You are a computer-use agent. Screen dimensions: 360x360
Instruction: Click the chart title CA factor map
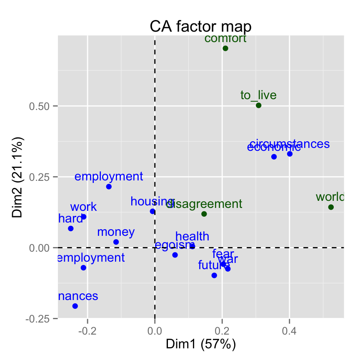point(200,27)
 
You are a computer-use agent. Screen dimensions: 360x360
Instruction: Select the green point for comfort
point(225,48)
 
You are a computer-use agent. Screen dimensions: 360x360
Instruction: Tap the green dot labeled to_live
point(258,105)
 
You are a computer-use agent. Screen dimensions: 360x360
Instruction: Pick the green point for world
point(331,207)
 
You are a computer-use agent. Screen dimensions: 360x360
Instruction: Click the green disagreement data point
point(204,214)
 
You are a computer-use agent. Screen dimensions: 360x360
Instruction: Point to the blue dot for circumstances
point(290,154)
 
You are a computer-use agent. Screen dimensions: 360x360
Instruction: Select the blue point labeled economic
point(274,157)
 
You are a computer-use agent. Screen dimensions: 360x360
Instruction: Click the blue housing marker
point(152,211)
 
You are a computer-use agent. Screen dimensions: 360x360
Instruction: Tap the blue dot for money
point(116,242)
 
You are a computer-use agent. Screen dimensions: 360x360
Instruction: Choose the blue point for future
point(214,275)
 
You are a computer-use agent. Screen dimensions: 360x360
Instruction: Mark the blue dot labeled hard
point(71,228)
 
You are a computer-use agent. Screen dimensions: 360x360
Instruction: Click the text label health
point(192,236)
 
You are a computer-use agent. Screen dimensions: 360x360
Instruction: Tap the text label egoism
point(175,245)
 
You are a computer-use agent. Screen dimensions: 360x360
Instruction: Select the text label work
point(83,207)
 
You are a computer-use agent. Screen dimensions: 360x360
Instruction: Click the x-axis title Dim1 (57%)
point(201,344)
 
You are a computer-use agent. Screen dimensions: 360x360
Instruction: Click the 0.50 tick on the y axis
point(40,106)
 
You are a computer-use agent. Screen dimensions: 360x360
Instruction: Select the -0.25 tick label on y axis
point(39,318)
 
